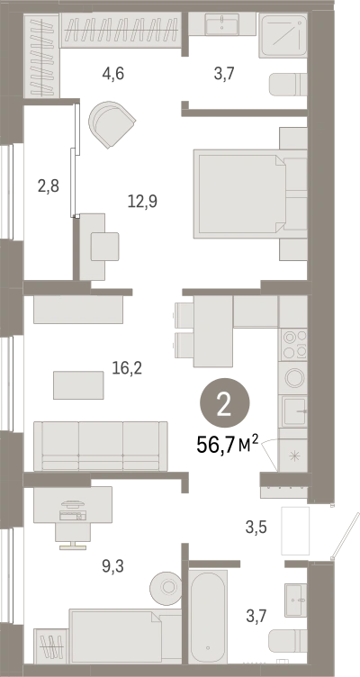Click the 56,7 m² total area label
click(228, 445)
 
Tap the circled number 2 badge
click(224, 403)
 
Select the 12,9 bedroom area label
click(142, 201)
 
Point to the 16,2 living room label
click(127, 368)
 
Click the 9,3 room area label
click(112, 565)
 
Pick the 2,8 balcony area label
click(48, 187)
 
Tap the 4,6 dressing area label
click(113, 74)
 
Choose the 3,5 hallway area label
click(256, 528)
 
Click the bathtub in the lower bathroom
click(208, 617)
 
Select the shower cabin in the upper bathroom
click(283, 35)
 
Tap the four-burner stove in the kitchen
click(292, 345)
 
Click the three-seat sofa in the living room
click(101, 446)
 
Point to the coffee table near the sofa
click(78, 385)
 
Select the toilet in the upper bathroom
click(288, 85)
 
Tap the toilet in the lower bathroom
click(287, 641)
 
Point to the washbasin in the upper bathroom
click(222, 24)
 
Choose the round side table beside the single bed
click(166, 587)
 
